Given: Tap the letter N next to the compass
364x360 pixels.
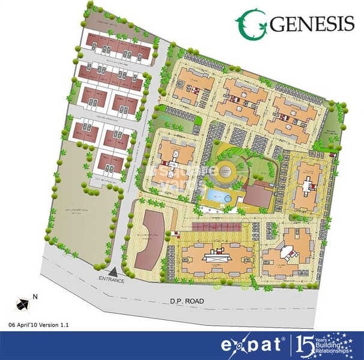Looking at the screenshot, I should click(x=35, y=296).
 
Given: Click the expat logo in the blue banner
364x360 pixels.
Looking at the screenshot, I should click(x=253, y=346).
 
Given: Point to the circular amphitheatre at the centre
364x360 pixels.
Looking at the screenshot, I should click(x=228, y=175).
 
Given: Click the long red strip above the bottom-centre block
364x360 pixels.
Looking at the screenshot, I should click(x=216, y=226).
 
